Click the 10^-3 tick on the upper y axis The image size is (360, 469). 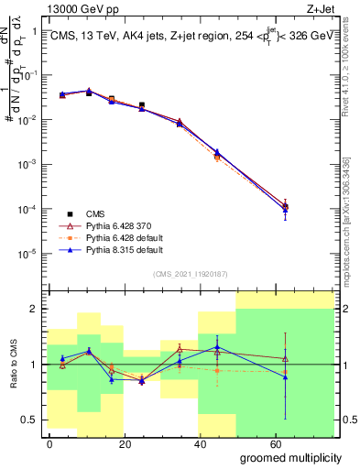tap(27, 165)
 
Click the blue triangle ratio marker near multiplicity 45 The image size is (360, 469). tap(216, 347)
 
